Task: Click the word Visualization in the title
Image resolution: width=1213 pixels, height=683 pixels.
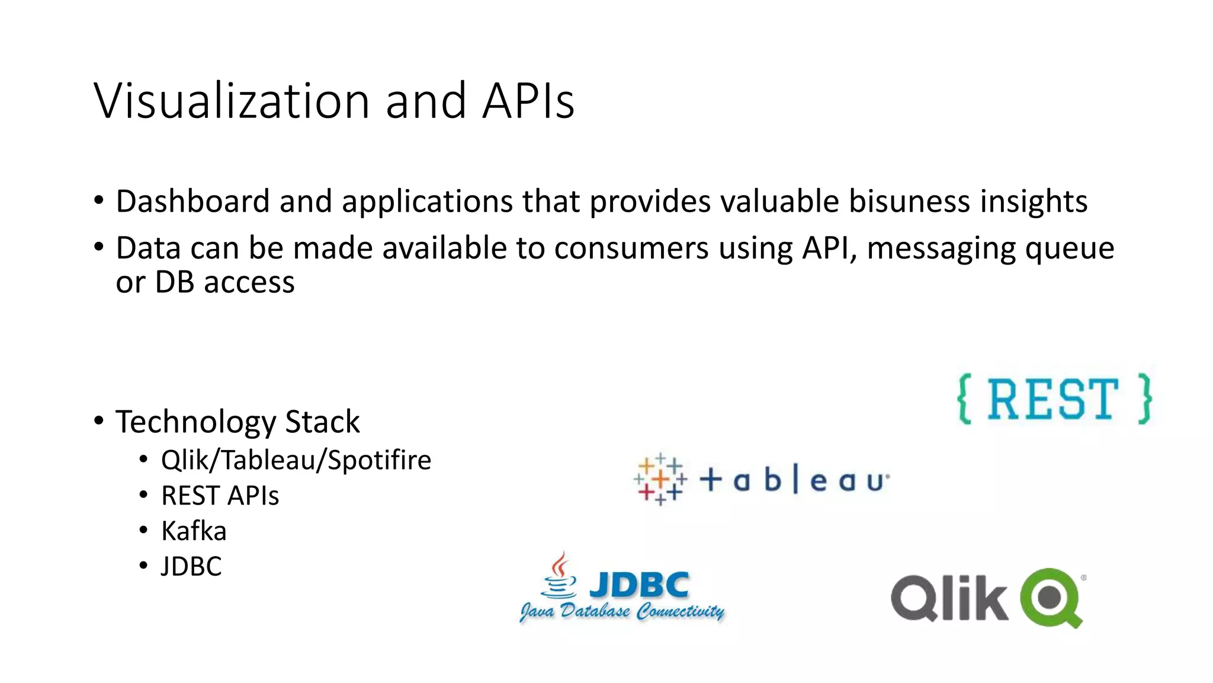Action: pyautogui.click(x=231, y=101)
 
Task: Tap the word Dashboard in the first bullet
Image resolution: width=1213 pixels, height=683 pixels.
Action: pyautogui.click(x=192, y=201)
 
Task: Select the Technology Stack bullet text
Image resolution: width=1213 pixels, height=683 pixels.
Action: pyautogui.click(x=238, y=422)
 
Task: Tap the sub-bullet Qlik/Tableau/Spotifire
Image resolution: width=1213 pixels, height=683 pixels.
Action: pyautogui.click(x=296, y=460)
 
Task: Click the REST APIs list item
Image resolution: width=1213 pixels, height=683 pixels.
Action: pyautogui.click(x=220, y=496)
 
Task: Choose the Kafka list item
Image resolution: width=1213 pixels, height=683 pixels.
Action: pyautogui.click(x=194, y=531)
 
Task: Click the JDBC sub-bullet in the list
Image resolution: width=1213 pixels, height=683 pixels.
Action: pyautogui.click(x=191, y=566)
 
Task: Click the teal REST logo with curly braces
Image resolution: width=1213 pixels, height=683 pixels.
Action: pyautogui.click(x=1054, y=399)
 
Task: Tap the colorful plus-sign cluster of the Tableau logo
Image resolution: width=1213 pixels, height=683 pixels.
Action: pyautogui.click(x=660, y=480)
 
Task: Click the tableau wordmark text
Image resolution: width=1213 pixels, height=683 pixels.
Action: pyautogui.click(x=794, y=480)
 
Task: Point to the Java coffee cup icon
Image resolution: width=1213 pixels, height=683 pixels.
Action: pyautogui.click(x=559, y=575)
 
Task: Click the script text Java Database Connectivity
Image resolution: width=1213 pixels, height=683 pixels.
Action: pyautogui.click(x=622, y=611)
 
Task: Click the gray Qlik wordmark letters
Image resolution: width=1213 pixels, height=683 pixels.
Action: pyautogui.click(x=949, y=598)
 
